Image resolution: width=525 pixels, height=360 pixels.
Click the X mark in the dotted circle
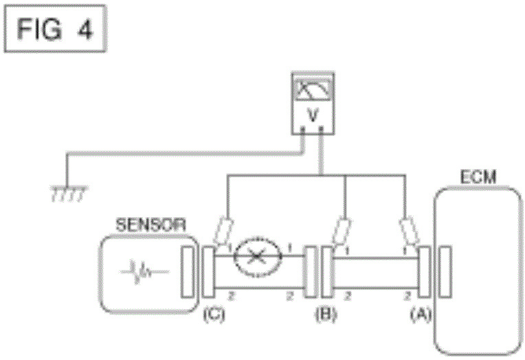(256, 258)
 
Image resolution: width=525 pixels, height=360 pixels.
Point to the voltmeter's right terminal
(322, 137)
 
